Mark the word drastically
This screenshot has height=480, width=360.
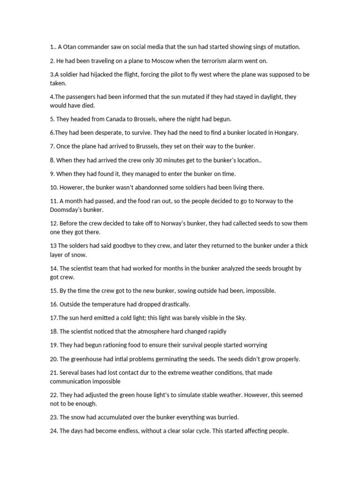[167, 304]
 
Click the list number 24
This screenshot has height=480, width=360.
[53, 431]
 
